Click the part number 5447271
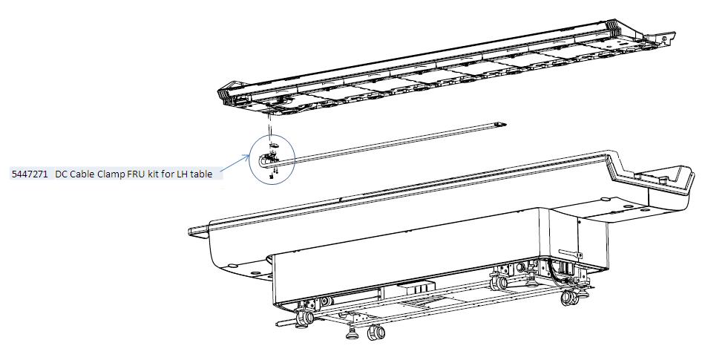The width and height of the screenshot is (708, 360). pos(29,174)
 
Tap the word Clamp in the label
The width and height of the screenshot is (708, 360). pos(110,174)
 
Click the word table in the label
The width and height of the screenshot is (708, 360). pos(201,174)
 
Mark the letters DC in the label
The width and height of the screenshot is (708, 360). pos(61,174)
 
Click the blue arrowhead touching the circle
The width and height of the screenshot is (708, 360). pos(246,157)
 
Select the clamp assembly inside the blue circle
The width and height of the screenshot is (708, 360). pos(269,159)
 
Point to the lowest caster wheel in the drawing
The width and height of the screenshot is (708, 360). pos(376,333)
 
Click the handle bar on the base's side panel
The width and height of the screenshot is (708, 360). pos(570,252)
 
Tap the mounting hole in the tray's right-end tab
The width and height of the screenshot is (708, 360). pos(666,39)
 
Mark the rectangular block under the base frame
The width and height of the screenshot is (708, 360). pos(416,288)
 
